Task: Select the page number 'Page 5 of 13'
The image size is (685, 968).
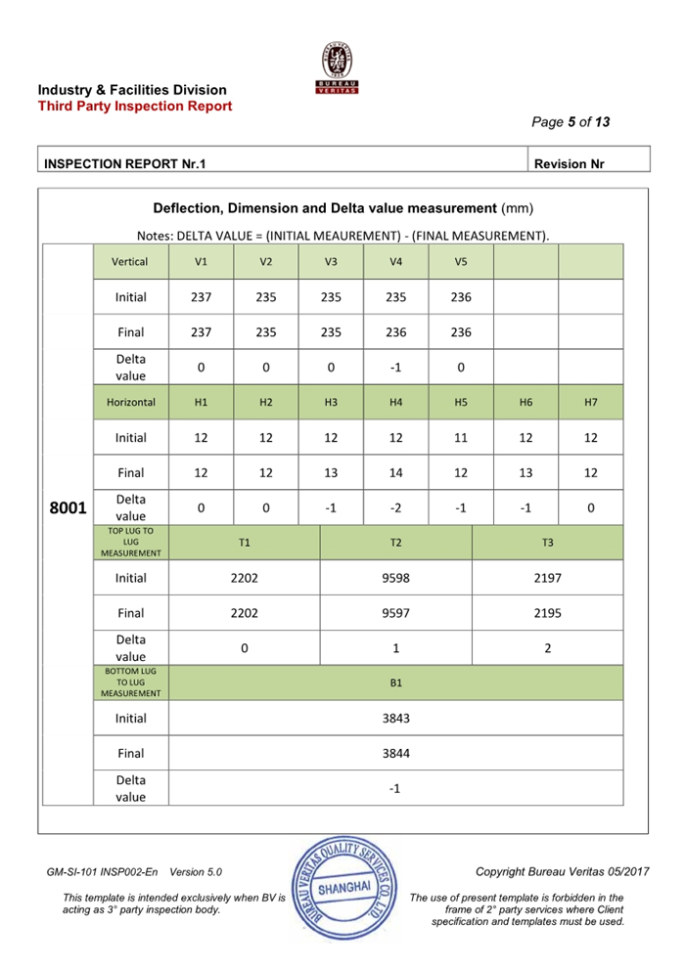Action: [571, 122]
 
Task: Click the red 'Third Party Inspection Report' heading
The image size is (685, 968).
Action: [135, 106]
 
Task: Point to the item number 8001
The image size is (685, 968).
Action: [68, 508]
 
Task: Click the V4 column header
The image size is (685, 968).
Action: [395, 262]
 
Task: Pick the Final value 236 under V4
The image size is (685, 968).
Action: [395, 332]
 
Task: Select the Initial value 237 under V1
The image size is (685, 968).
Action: [201, 297]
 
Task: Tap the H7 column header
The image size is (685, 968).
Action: [590, 402]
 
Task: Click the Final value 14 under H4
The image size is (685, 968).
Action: [395, 472]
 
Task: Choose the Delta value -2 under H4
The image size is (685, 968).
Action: [395, 507]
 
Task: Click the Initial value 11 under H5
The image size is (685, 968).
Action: [460, 437]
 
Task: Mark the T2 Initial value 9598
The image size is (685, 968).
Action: [395, 578]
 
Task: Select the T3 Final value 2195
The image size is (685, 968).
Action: [547, 613]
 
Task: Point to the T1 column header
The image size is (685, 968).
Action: [245, 542]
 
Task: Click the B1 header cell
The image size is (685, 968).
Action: [395, 682]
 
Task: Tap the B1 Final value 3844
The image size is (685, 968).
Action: [395, 753]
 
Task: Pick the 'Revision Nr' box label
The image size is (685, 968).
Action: [574, 164]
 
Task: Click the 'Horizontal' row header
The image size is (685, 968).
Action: [130, 402]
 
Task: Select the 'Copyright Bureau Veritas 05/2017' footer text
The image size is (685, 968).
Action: [549, 871]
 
